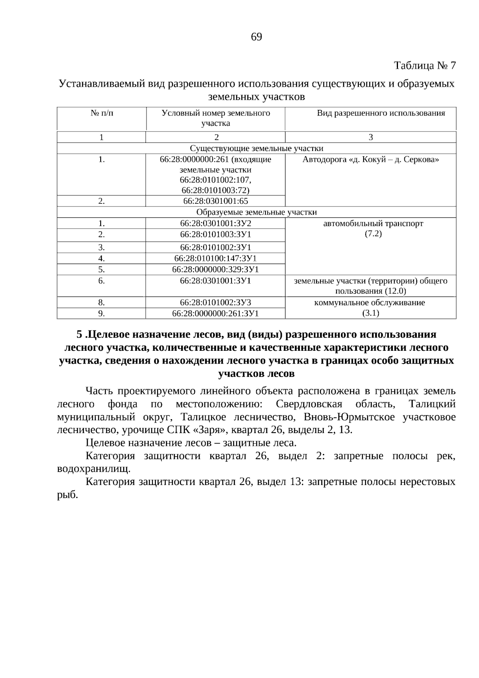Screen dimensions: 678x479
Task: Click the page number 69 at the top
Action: point(256,37)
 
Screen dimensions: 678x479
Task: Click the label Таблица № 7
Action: point(425,65)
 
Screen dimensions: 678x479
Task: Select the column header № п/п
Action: point(102,113)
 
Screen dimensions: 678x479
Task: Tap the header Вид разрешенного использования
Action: point(381,113)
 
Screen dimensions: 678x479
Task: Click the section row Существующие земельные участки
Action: point(256,149)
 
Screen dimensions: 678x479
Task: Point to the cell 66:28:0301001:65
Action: point(216,201)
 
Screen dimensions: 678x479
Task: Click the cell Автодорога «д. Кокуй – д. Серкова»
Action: point(370,160)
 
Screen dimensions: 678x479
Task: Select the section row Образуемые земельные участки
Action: point(256,212)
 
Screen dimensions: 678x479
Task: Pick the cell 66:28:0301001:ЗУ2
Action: point(216,223)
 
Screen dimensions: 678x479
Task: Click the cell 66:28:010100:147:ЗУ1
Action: point(216,258)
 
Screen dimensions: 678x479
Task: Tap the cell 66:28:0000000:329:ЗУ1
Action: point(216,270)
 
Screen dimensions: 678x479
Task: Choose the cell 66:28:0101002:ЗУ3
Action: point(216,302)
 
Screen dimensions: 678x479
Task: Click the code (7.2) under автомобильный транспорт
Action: point(373,234)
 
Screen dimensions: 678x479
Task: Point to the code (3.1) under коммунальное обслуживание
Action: point(370,313)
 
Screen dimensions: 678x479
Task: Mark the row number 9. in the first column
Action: point(102,314)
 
